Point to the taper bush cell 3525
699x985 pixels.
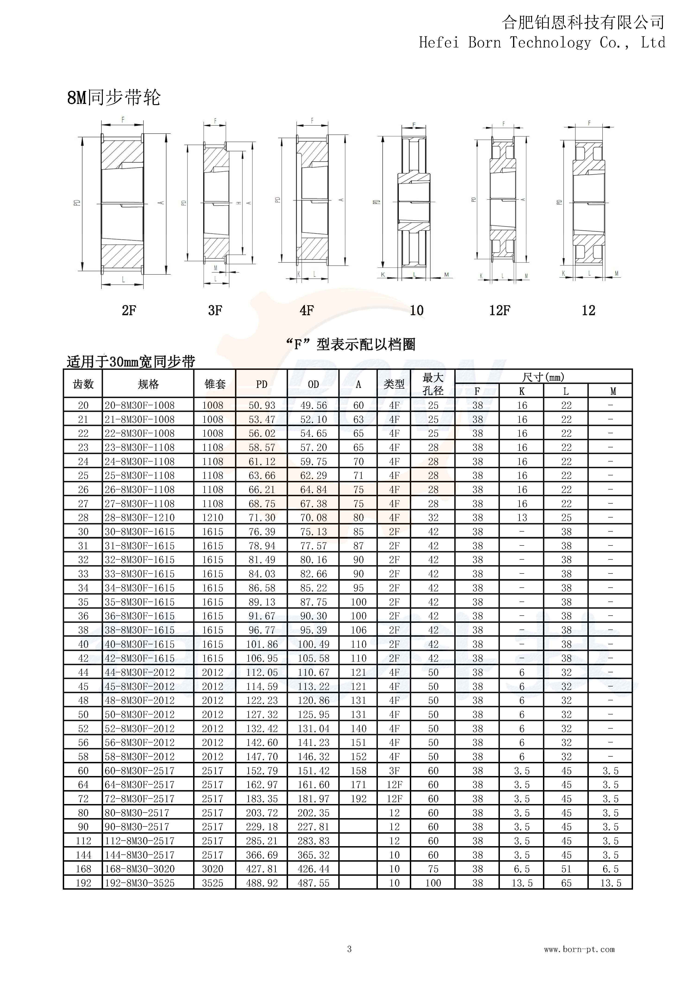click(213, 883)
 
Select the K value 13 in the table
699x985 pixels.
click(522, 517)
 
